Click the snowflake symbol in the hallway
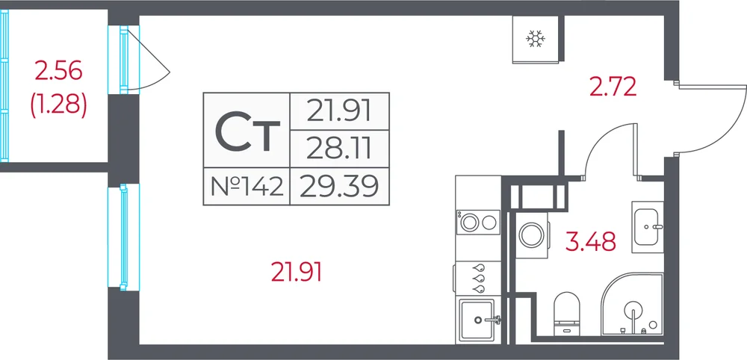pos(536,39)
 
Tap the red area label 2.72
pos(613,87)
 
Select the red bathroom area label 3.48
pos(591,241)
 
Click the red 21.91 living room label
pos(297,273)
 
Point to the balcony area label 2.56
pos(58,72)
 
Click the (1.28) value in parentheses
pos(58,105)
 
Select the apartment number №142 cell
pos(247,187)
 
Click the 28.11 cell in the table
pos(339,148)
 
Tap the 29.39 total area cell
pos(339,186)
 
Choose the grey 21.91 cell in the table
pos(339,111)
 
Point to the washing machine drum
pos(531,235)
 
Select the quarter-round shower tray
pos(632,304)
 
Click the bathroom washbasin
pos(648,226)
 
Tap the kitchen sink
pos(478,320)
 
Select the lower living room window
pos(123,238)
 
